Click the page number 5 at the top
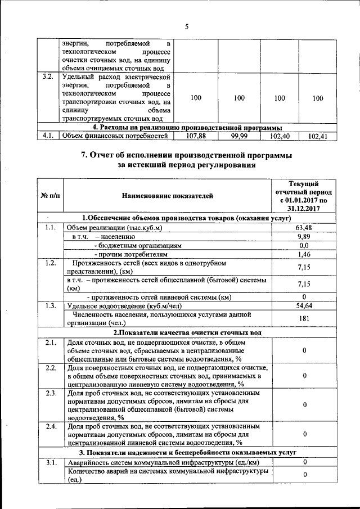[x=186, y=26]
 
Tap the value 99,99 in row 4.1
[x=239, y=136]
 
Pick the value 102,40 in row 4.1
[x=279, y=136]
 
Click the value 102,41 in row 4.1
[x=318, y=136]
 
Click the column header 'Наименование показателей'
[x=167, y=196]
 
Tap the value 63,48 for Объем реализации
[x=304, y=227]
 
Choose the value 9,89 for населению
[x=304, y=237]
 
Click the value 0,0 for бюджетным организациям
[x=304, y=246]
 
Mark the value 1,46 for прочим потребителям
[x=304, y=255]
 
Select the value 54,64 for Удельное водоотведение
[x=304, y=305]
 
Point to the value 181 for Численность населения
[x=304, y=319]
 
